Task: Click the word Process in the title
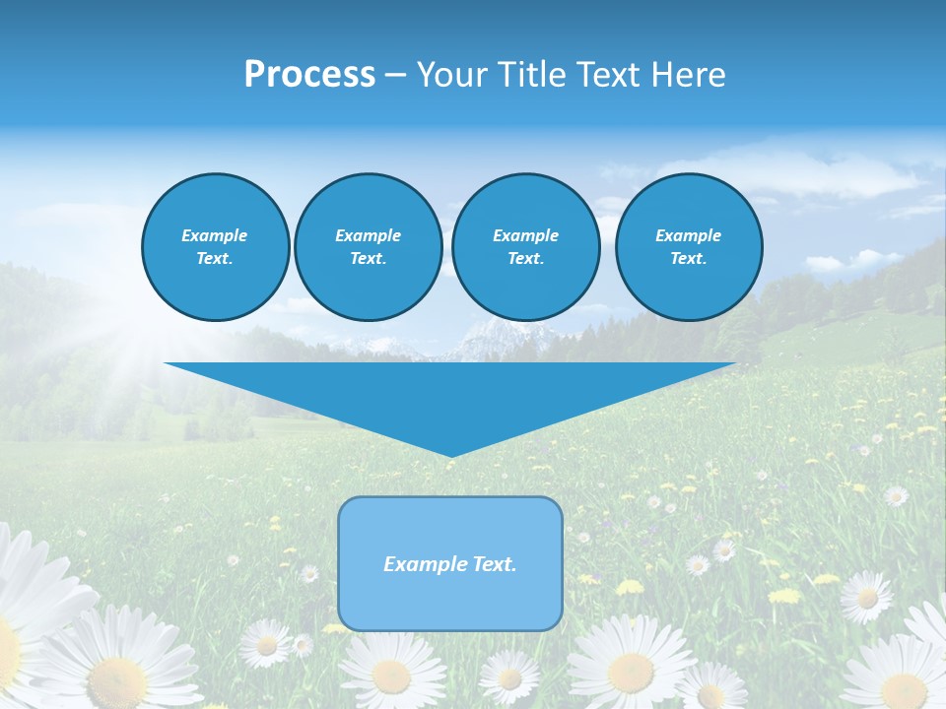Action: pyautogui.click(x=309, y=75)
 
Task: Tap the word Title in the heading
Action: pyautogui.click(x=536, y=75)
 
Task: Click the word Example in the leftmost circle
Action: pyautogui.click(x=215, y=235)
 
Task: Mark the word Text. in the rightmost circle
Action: pyautogui.click(x=688, y=259)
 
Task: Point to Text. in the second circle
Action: pyautogui.click(x=368, y=259)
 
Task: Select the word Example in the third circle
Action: pyautogui.click(x=525, y=235)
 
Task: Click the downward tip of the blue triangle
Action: pyautogui.click(x=450, y=454)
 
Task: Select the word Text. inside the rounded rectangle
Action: pyautogui.click(x=494, y=564)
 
